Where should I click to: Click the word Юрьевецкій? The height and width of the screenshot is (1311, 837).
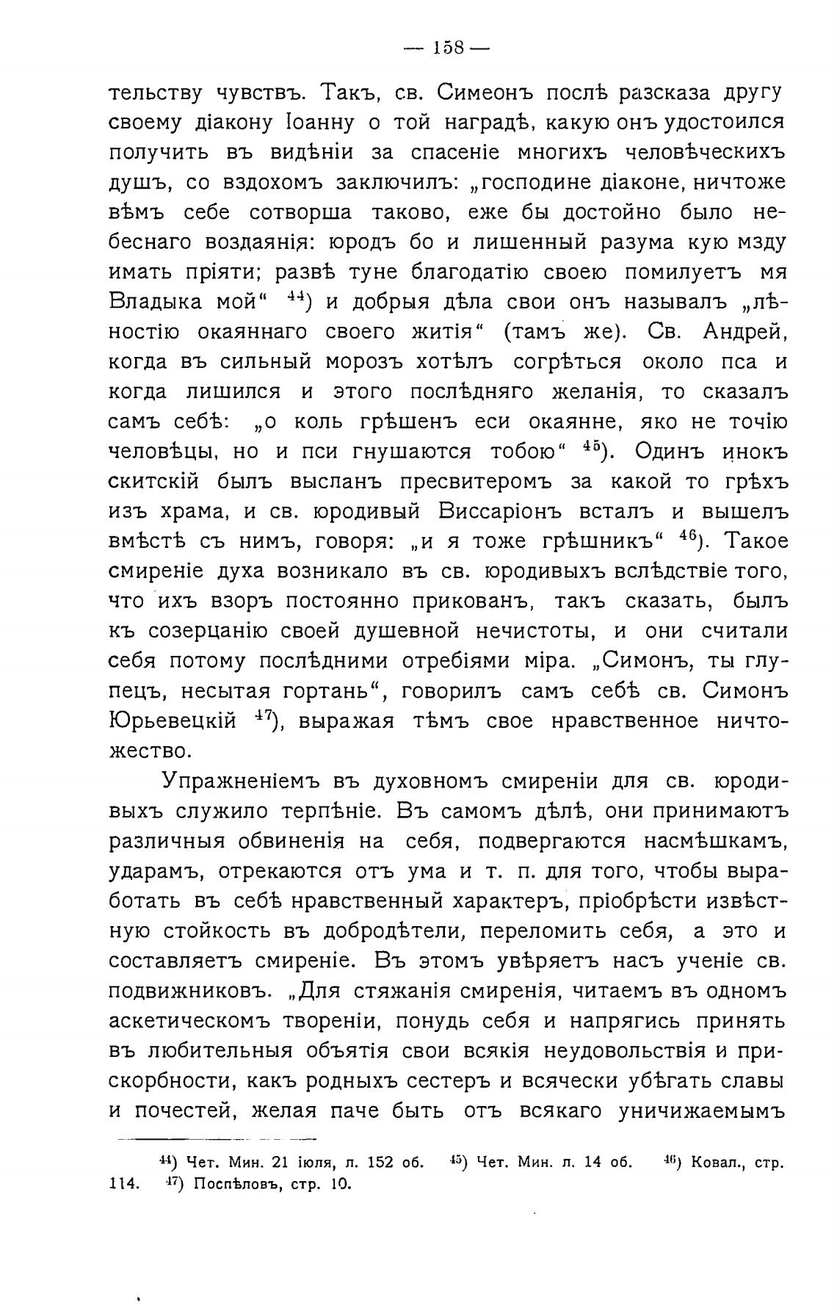[172, 721]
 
